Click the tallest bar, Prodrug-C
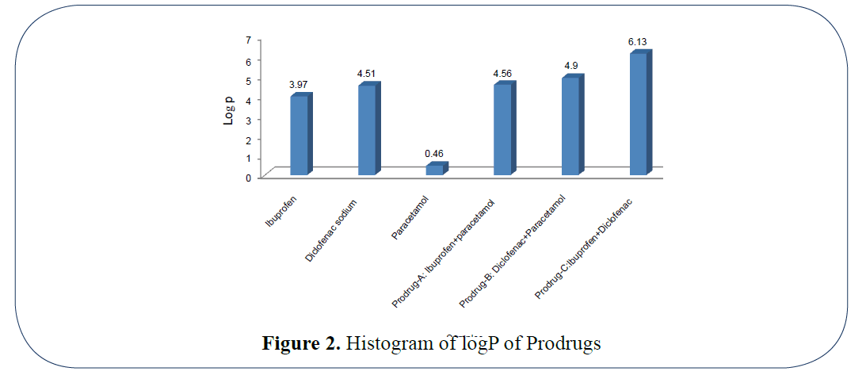pyautogui.click(x=638, y=113)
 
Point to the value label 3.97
pyautogui.click(x=299, y=85)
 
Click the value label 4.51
pyautogui.click(x=367, y=74)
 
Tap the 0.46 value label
pyautogui.click(x=434, y=153)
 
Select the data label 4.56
pyautogui.click(x=502, y=74)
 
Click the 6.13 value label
pyautogui.click(x=639, y=41)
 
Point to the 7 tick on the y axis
pyautogui.click(x=248, y=40)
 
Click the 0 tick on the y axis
pyautogui.click(x=248, y=178)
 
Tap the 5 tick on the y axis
pyautogui.click(x=248, y=79)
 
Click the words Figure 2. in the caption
pyautogui.click(x=302, y=344)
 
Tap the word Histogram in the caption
pyautogui.click(x=384, y=344)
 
